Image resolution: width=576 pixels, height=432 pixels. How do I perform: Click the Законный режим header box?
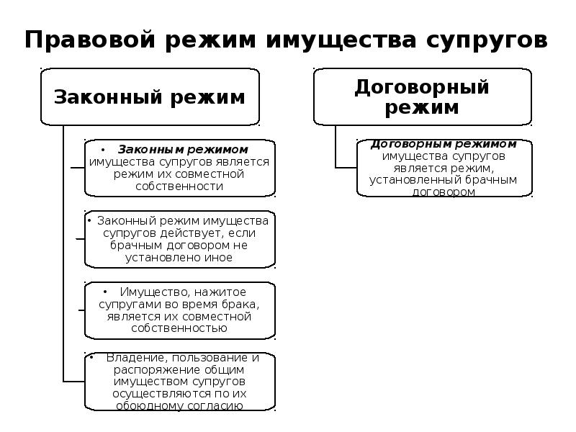coord(150,96)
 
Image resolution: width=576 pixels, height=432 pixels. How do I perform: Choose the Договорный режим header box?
coord(422,96)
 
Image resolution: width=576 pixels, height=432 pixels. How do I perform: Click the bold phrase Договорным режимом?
coord(444,144)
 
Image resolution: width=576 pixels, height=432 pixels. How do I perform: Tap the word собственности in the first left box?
coord(179,186)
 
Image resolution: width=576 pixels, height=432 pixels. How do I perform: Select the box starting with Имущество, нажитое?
coord(179,310)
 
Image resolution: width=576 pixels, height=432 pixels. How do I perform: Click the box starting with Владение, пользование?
coord(179,382)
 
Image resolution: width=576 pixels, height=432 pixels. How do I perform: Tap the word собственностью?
coord(179,328)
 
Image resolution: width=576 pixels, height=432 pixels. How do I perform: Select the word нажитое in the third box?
coord(218,292)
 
